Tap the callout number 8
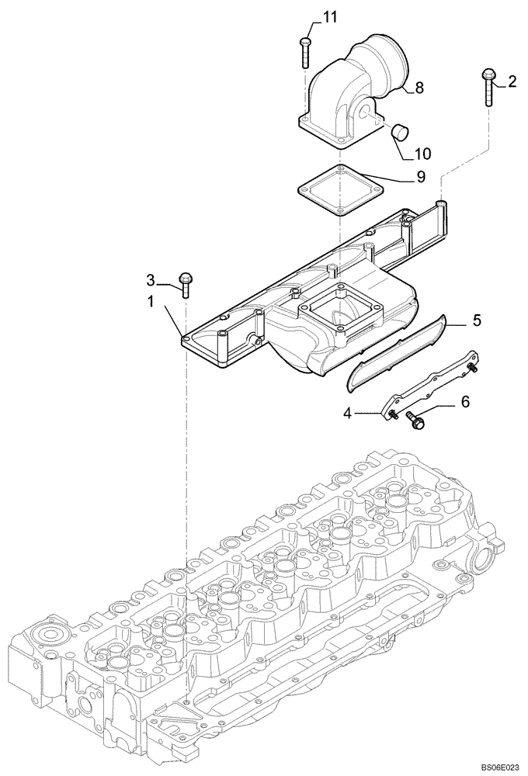point(419,88)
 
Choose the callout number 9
point(420,178)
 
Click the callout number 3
point(152,279)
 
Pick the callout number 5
point(478,319)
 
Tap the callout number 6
point(465,402)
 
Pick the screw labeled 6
point(415,421)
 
